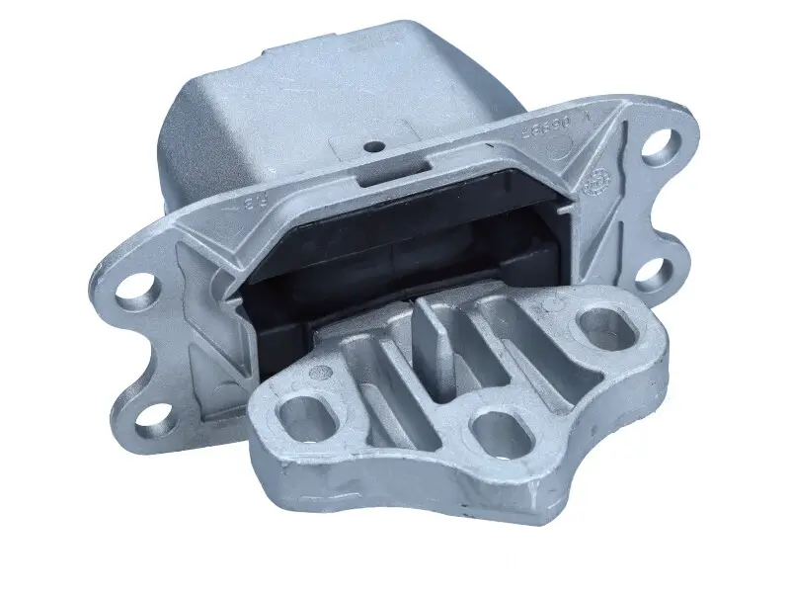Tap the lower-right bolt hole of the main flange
(656, 273)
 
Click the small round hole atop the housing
(374, 147)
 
